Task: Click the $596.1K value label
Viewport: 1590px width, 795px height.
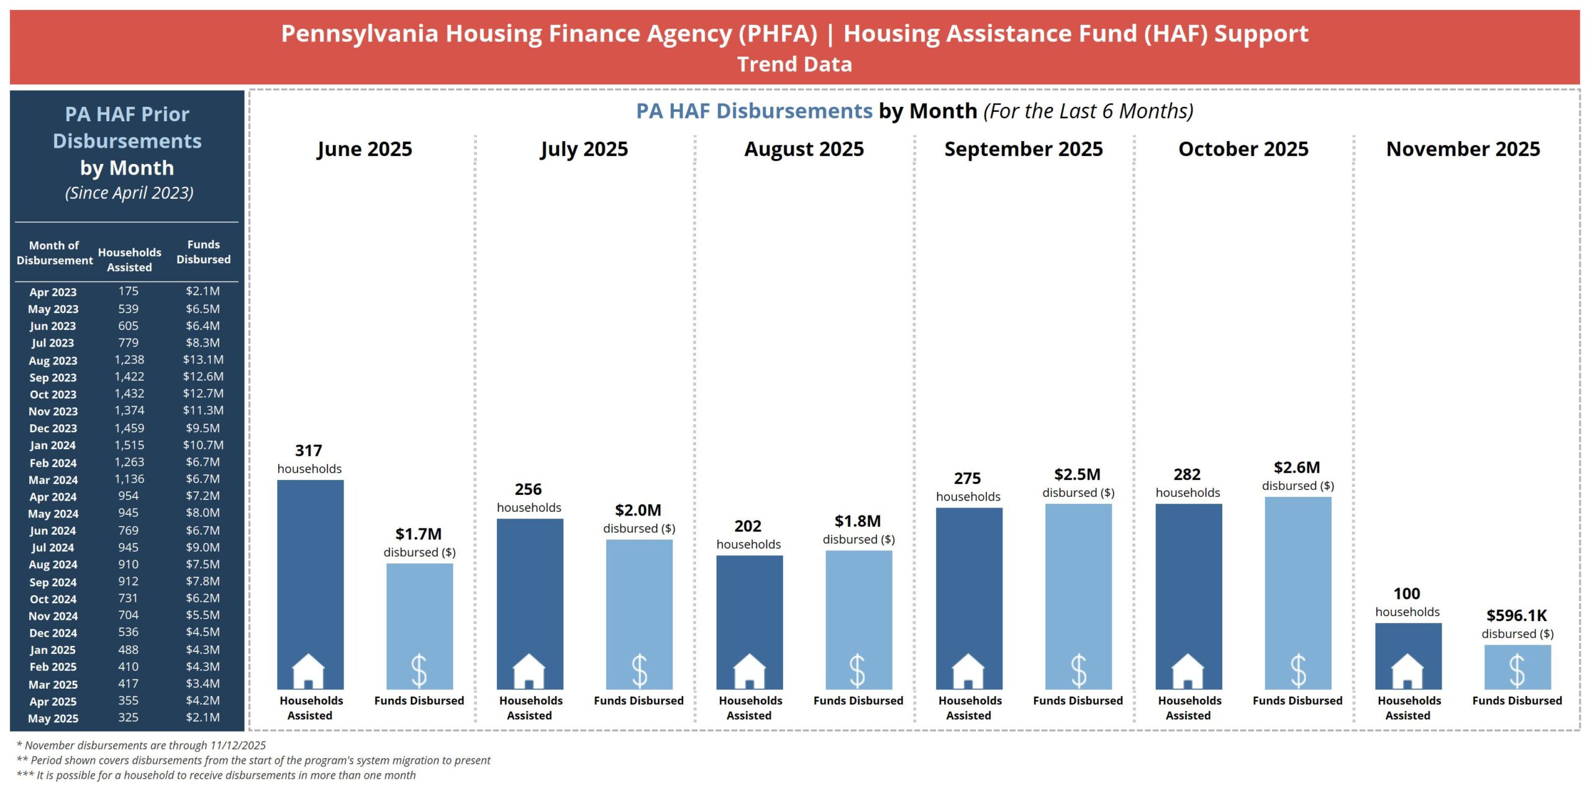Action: [1516, 616]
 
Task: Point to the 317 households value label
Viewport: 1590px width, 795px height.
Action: [309, 451]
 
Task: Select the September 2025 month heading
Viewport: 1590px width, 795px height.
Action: [1024, 149]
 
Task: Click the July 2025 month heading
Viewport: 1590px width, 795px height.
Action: [584, 149]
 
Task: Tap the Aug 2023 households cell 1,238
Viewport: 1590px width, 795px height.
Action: [129, 360]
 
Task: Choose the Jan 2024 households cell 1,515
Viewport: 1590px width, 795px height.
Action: [129, 445]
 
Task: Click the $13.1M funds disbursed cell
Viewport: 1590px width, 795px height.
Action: [203, 360]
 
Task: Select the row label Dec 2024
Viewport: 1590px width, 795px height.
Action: [53, 633]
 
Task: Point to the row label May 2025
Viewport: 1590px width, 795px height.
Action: [53, 718]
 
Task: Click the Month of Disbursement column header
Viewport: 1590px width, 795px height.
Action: [55, 253]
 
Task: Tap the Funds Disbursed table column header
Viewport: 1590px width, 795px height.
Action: [203, 252]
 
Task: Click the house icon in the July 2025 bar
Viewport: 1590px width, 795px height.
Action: [529, 671]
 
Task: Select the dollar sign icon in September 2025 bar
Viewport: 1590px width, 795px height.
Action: [1078, 671]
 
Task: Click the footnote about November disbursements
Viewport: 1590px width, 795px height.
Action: [142, 745]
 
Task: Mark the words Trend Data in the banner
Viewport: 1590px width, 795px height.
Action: [794, 65]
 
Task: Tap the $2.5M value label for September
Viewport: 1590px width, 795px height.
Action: [1077, 475]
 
